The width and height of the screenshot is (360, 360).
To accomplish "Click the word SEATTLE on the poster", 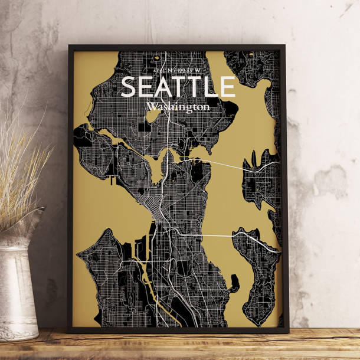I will pyautogui.click(x=178, y=87).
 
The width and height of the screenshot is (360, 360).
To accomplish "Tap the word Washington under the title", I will pyautogui.click(x=178, y=107).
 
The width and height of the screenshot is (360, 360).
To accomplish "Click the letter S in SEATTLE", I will pyautogui.click(x=129, y=87).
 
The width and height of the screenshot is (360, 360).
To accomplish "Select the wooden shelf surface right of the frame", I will pyautogui.click(x=322, y=342).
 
